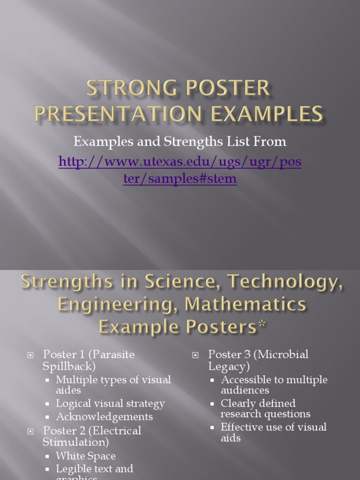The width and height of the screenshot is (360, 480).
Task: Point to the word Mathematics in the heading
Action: click(x=246, y=305)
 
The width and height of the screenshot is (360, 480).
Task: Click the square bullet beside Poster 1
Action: click(x=30, y=355)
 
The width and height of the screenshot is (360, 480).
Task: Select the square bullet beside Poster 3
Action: click(x=195, y=355)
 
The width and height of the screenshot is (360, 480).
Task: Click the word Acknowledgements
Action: click(x=104, y=416)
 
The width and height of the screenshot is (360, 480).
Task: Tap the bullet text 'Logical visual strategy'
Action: click(x=110, y=403)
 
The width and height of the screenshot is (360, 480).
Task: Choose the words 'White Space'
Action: click(x=85, y=456)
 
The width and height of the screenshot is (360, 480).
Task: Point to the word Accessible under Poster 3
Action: click(x=246, y=380)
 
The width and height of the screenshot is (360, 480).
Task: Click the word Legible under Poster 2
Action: click(x=74, y=468)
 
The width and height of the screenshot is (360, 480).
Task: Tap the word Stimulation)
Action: click(x=75, y=442)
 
